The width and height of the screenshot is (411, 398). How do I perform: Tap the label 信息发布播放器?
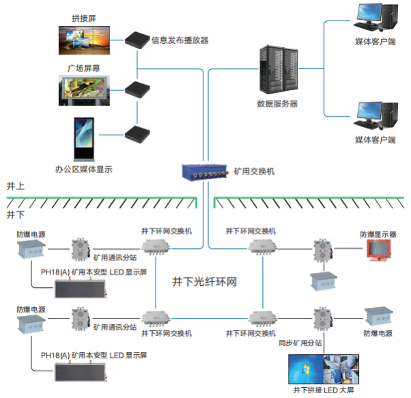click(x=180, y=40)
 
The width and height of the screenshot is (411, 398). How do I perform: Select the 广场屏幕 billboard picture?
click(x=83, y=90)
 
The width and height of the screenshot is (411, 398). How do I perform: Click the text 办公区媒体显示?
click(x=83, y=168)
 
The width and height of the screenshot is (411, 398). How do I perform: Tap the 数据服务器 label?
click(x=277, y=104)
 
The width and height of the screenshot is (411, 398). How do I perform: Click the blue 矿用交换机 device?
click(x=205, y=172)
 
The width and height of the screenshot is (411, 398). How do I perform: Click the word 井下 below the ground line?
click(x=15, y=214)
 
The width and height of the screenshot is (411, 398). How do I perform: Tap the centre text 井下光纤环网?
click(x=204, y=281)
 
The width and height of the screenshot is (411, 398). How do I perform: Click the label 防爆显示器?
click(x=378, y=234)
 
